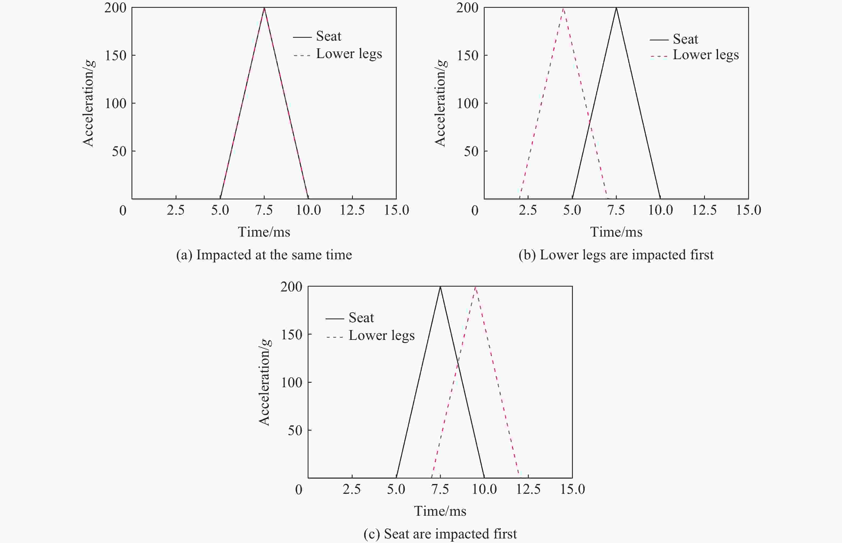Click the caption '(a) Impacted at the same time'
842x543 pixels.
(x=264, y=255)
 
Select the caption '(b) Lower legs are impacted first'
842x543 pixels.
(x=616, y=255)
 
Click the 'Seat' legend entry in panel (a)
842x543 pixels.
(x=328, y=36)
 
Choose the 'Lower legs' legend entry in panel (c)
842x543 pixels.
(x=381, y=335)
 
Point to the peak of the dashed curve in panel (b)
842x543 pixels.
(x=563, y=8)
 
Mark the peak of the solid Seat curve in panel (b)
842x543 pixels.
(x=616, y=8)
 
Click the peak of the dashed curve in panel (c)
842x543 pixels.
(x=476, y=287)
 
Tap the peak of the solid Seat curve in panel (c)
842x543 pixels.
(x=440, y=287)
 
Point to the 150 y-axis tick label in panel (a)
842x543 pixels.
(x=115, y=55)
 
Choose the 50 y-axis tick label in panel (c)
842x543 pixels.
(x=295, y=430)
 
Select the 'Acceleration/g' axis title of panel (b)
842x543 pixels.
(x=440, y=103)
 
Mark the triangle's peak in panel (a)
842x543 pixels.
(x=264, y=8)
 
